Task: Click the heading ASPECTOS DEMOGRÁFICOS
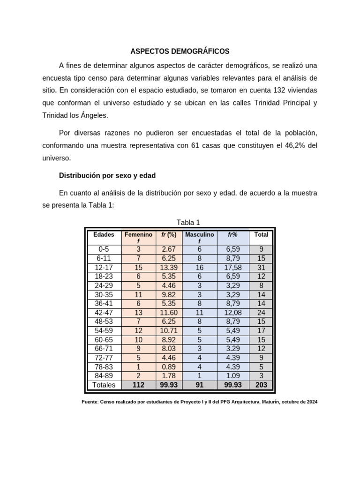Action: point(180,51)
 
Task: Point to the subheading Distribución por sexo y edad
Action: point(107,176)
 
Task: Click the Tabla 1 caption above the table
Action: point(188,222)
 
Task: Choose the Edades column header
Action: point(104,234)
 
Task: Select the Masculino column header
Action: point(199,234)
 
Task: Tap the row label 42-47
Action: point(104,312)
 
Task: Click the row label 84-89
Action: point(104,376)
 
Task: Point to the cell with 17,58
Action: point(233,267)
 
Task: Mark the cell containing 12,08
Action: point(233,312)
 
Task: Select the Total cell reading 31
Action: point(261,267)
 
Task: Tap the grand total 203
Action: point(261,385)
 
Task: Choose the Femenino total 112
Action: point(138,385)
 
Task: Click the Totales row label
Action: point(104,385)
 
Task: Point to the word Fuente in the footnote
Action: point(90,402)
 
